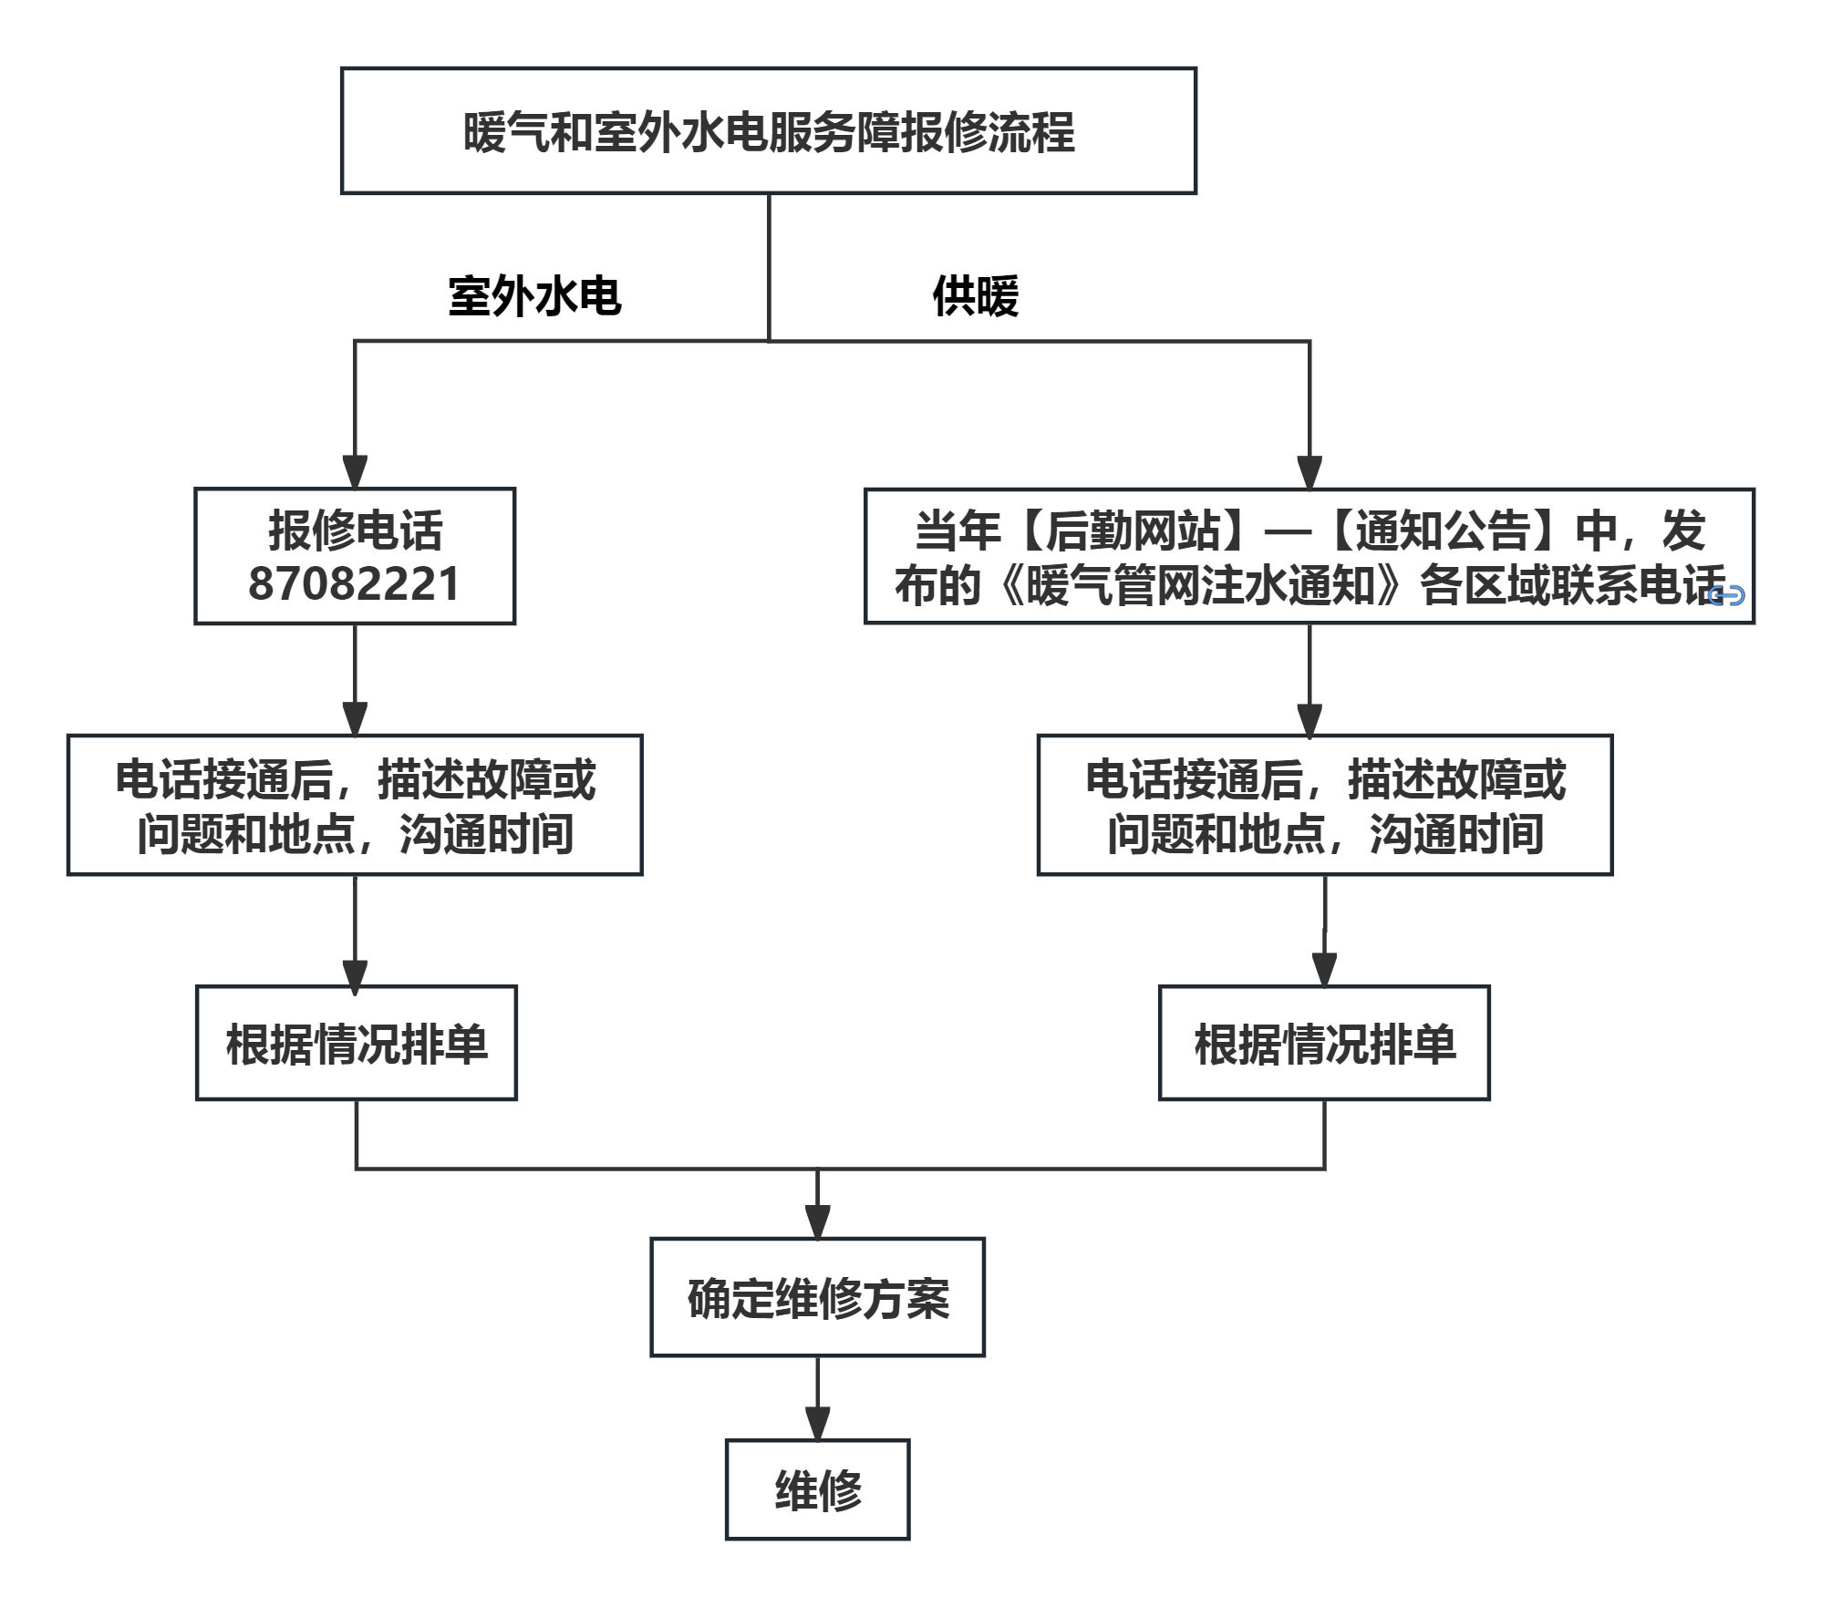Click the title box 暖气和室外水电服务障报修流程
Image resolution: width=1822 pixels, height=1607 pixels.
(x=768, y=131)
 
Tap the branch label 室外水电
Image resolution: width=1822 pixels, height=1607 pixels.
(x=534, y=296)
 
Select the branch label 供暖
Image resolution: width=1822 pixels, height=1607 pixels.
(x=975, y=296)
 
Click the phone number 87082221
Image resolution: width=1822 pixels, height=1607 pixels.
(x=354, y=584)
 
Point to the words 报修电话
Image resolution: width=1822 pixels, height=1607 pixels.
(x=355, y=531)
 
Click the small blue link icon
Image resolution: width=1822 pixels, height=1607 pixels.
(x=1725, y=595)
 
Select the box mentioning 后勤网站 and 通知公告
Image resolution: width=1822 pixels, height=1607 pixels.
(x=1309, y=556)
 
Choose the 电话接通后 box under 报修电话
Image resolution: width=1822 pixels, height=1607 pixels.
(x=355, y=805)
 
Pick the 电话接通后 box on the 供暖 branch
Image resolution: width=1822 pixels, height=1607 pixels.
(x=1324, y=805)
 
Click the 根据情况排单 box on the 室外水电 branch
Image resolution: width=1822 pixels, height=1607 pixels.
(x=356, y=1043)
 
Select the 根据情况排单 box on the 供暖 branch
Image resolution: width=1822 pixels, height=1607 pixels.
(x=1324, y=1043)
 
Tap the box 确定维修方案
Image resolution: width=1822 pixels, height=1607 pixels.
(x=817, y=1297)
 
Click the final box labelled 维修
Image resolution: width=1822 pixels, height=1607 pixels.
(x=817, y=1490)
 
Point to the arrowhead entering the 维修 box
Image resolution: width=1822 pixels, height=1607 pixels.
(x=817, y=1423)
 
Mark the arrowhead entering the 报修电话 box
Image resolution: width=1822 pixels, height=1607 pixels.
(x=355, y=471)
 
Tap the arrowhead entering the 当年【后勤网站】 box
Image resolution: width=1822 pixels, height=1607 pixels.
(x=1310, y=471)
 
